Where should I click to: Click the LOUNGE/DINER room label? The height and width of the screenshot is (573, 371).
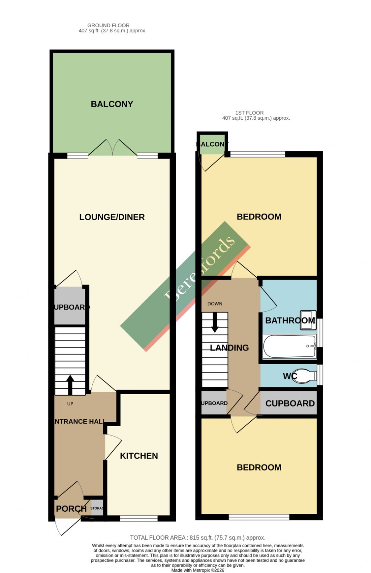(112, 217)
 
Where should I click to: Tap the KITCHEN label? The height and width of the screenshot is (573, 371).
(139, 455)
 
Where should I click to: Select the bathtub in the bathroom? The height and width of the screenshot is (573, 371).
(289, 347)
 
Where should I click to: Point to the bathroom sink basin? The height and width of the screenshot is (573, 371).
(308, 320)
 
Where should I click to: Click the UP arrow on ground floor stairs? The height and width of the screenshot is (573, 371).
(70, 385)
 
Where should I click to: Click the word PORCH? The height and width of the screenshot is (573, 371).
(71, 508)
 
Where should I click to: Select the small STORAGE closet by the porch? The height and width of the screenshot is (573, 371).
(96, 508)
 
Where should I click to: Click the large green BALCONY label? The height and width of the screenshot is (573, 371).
(112, 104)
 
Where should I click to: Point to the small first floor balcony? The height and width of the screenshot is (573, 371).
(212, 144)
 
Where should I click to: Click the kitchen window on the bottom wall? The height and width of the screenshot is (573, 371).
(139, 518)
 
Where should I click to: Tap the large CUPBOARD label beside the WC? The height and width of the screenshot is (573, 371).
(290, 403)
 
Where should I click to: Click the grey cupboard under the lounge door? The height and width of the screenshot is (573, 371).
(70, 307)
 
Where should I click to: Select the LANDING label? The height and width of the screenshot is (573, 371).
(229, 347)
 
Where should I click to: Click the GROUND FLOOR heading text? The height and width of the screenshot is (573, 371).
(108, 25)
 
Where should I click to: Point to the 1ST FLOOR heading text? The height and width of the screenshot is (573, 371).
(249, 113)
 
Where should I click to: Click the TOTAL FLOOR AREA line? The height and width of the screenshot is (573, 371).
(197, 537)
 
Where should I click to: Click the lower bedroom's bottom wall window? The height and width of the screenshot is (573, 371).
(259, 517)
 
